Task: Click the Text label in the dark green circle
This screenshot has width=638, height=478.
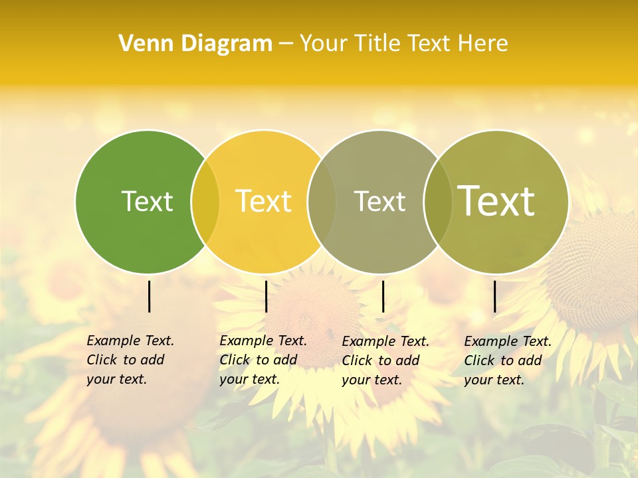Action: click(147, 201)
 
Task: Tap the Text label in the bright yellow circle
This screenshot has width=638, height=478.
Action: click(264, 201)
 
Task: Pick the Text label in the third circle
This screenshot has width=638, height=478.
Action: click(379, 201)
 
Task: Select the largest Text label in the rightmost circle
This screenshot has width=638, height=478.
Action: click(496, 200)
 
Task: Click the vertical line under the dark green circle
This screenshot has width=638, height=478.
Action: click(150, 296)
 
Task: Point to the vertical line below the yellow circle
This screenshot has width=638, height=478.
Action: click(266, 296)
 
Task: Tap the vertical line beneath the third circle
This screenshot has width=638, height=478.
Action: click(383, 296)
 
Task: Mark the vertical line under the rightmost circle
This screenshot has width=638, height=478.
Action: click(494, 296)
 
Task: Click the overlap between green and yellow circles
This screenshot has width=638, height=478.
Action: click(205, 201)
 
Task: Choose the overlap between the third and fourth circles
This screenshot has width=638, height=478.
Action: click(437, 201)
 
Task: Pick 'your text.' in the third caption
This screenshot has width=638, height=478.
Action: click(372, 380)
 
